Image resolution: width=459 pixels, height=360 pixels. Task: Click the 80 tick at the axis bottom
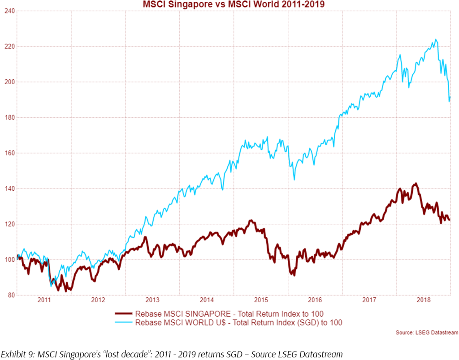coord(9,295)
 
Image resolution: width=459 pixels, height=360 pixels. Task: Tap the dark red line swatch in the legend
coord(126,313)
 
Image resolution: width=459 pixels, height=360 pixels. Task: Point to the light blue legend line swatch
coord(126,322)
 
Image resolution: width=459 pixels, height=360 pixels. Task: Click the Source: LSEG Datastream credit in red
coord(427,332)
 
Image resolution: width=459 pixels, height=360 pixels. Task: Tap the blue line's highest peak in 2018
coord(436,39)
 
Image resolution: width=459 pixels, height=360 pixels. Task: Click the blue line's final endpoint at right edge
coord(450,97)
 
